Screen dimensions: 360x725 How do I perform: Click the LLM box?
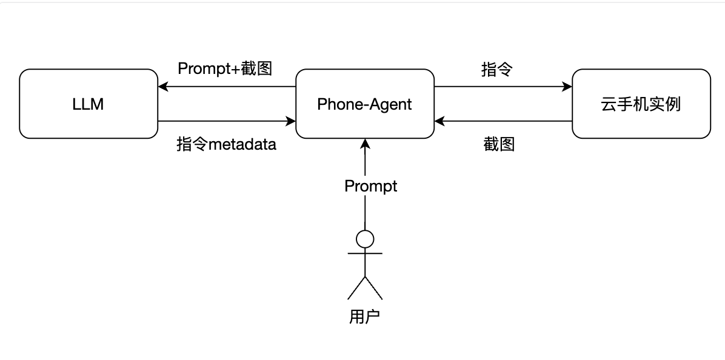click(89, 104)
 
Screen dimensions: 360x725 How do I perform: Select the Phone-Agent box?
click(364, 104)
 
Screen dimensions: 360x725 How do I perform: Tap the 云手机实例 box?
click(641, 104)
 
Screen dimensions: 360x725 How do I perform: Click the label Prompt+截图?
click(225, 68)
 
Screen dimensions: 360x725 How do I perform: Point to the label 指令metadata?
click(226, 144)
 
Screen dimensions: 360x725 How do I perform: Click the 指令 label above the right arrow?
click(497, 70)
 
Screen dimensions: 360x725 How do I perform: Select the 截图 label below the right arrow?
click(499, 144)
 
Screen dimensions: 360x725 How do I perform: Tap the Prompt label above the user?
click(370, 185)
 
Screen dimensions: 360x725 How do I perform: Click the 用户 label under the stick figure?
click(364, 316)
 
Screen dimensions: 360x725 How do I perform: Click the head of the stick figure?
click(365, 239)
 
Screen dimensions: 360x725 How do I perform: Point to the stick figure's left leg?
click(356, 288)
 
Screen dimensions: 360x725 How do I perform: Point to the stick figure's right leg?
click(373, 288)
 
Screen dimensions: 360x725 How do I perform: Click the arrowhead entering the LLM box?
click(162, 87)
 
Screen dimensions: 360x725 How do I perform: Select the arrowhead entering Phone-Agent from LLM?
click(291, 121)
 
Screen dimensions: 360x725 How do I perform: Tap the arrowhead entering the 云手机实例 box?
click(567, 87)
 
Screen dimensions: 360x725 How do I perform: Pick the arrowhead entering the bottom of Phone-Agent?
click(365, 143)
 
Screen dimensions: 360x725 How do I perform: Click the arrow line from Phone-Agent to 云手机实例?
click(503, 87)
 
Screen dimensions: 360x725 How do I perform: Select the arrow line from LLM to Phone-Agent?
click(224, 121)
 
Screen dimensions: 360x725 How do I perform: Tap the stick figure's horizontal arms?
click(365, 254)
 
